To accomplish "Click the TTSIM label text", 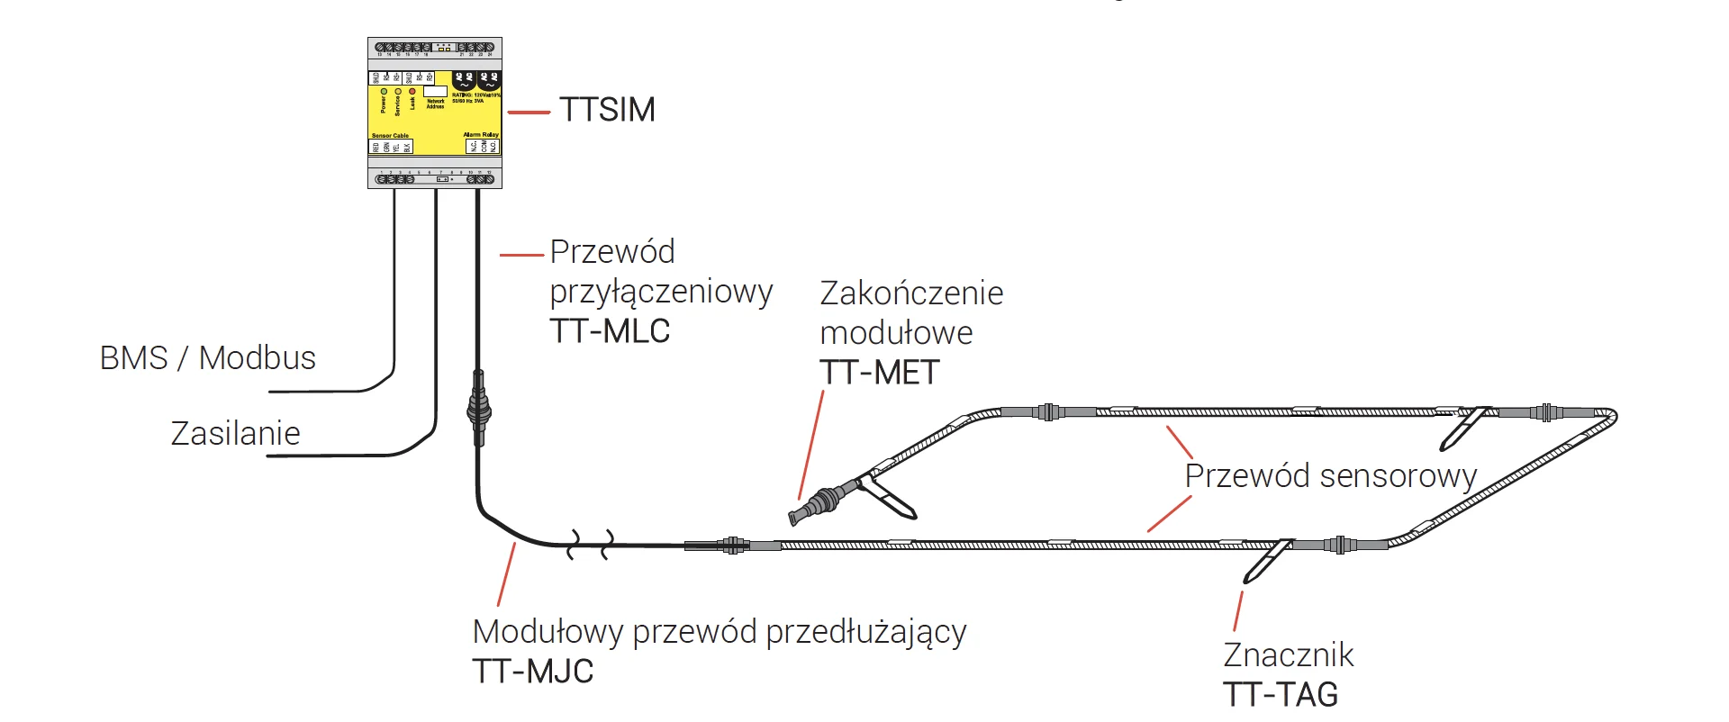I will coord(607,110).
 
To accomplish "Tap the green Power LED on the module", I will coord(385,92).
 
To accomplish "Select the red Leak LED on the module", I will coord(412,92).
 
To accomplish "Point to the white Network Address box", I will coord(435,92).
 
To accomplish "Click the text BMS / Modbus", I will coord(207,358).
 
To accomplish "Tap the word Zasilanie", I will coord(235,434).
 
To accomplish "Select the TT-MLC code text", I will coord(610,331).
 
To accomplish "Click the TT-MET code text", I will coord(879,373).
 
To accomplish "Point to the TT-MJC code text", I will coord(533,672).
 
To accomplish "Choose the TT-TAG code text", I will coord(1281,695).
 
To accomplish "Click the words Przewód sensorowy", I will coord(1330,476).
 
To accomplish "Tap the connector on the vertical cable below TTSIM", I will coord(478,410).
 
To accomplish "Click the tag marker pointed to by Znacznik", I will coord(1267,560).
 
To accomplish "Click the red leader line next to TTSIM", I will coord(529,113).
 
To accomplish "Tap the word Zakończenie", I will coord(911,293).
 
